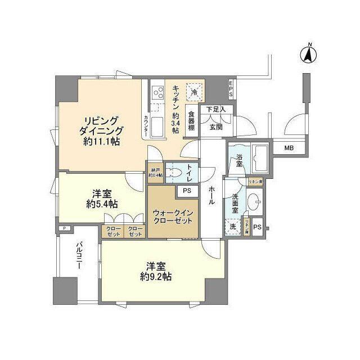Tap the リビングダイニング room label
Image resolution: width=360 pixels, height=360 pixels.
(x=101, y=127)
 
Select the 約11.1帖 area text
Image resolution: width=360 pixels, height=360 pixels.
(x=101, y=143)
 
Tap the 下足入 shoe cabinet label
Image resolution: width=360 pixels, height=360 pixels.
(x=215, y=109)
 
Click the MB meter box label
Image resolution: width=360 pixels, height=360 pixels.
(x=288, y=148)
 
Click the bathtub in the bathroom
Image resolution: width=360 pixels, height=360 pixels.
(x=260, y=160)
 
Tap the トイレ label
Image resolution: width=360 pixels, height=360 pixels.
(x=189, y=173)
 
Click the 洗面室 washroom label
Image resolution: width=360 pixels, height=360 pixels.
(x=235, y=204)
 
